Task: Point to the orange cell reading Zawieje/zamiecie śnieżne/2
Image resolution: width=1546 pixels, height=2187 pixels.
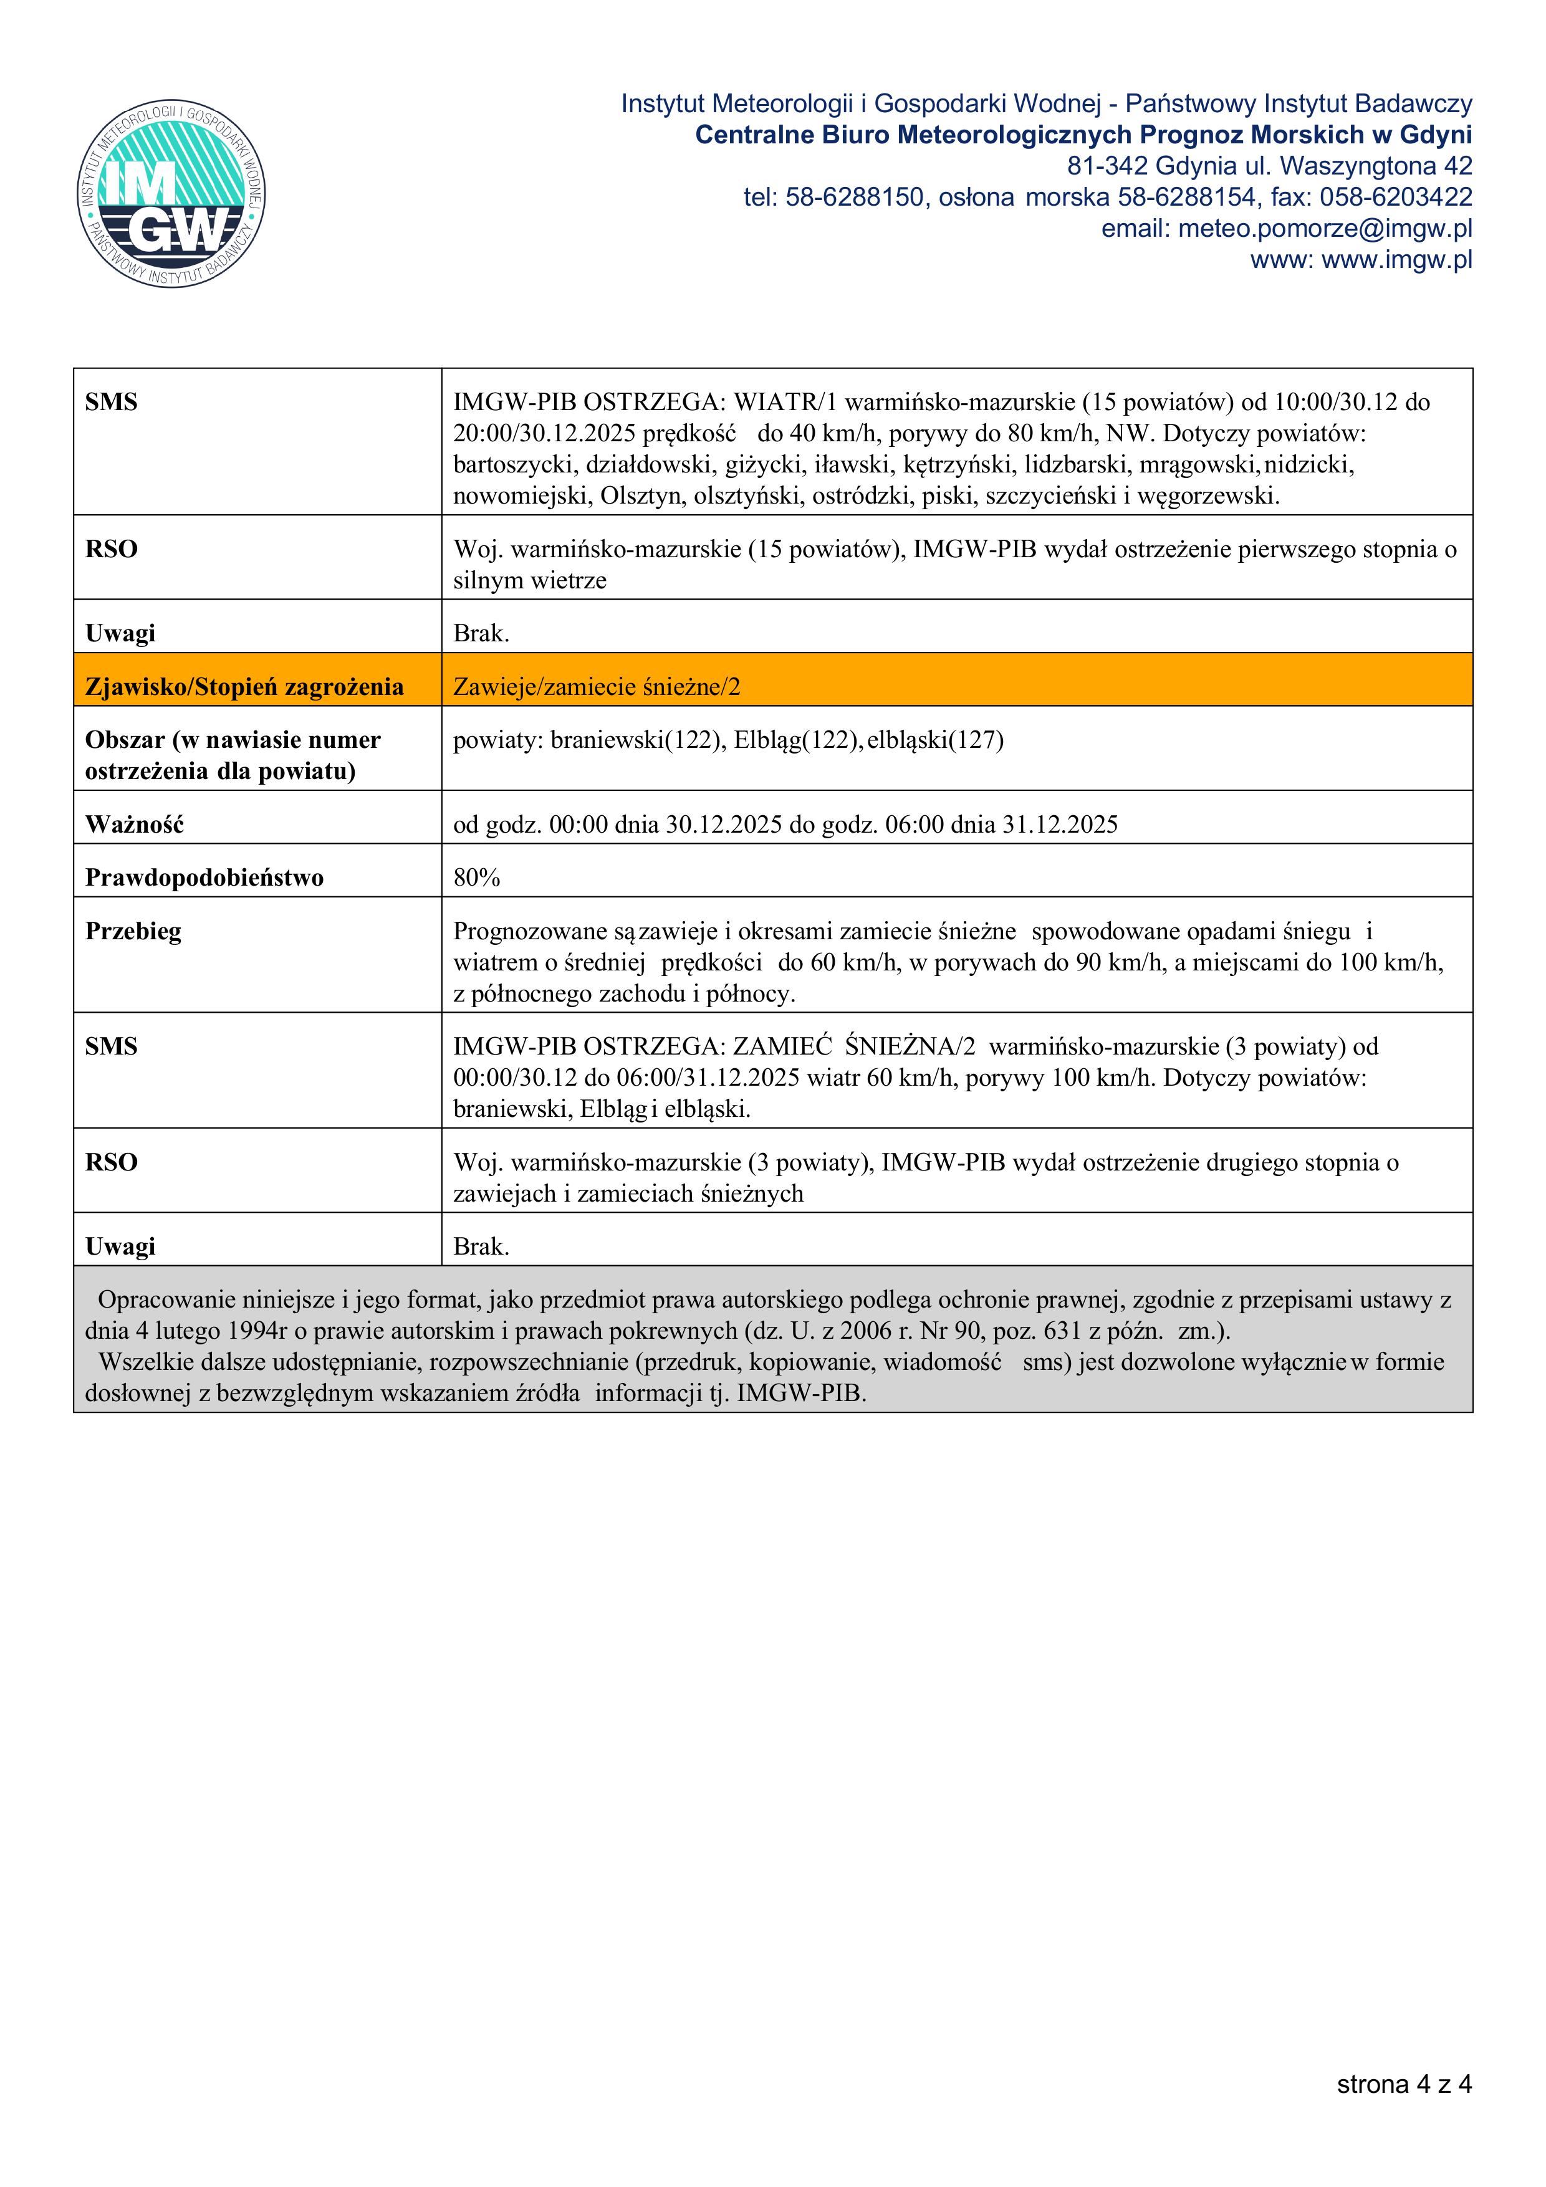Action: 597,687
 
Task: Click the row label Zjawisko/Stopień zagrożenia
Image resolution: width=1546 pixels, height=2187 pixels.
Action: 244,687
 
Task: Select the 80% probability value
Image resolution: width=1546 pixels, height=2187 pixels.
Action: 476,878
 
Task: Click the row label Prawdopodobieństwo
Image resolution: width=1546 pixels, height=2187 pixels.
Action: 204,878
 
